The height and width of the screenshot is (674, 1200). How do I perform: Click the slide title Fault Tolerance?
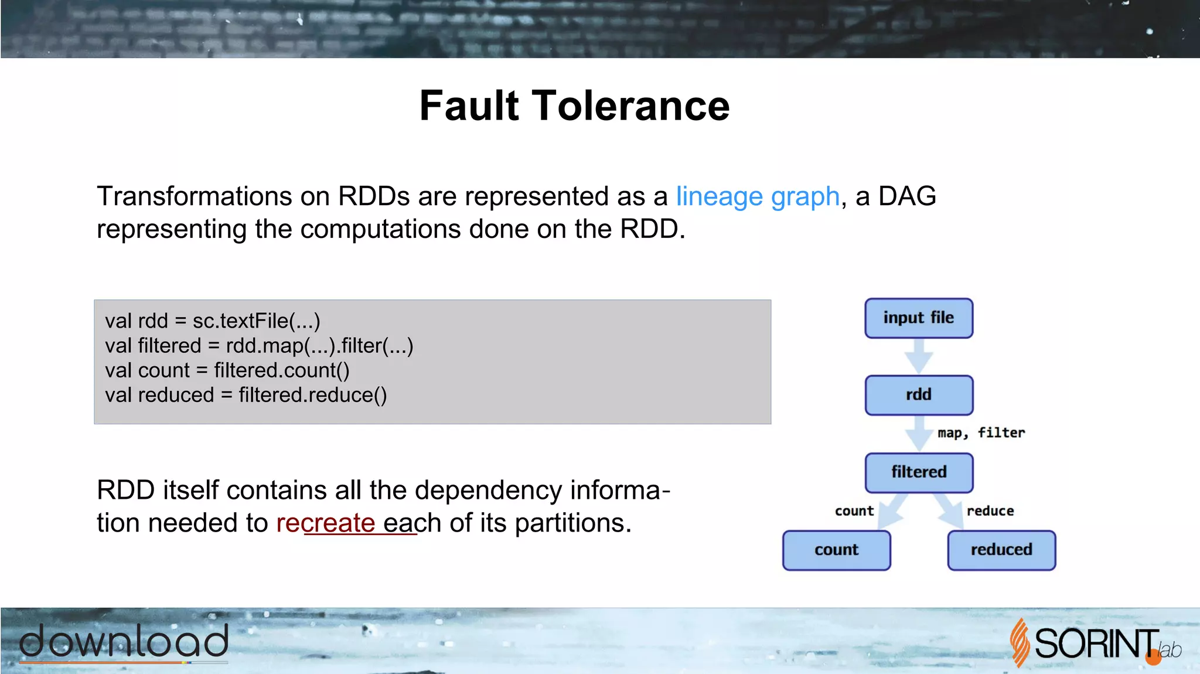click(574, 106)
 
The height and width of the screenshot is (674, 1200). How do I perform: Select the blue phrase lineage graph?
click(758, 196)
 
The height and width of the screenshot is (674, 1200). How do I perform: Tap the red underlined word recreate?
click(325, 523)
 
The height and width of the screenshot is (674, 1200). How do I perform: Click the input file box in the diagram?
click(918, 318)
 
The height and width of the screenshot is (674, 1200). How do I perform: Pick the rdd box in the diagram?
click(918, 395)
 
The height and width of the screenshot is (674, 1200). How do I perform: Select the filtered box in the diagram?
click(918, 472)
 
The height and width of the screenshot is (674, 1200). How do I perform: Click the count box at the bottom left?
click(836, 550)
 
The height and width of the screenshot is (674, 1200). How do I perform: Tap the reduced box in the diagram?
click(1001, 550)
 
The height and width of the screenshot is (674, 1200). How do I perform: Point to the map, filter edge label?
click(981, 433)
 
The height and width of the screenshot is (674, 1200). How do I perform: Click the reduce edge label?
click(990, 511)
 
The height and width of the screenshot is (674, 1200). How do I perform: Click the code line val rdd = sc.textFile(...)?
click(213, 321)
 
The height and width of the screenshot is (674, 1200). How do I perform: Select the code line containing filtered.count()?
click(227, 370)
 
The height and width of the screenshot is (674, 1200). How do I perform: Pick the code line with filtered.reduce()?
click(246, 396)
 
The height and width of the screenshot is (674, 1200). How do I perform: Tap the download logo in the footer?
click(124, 642)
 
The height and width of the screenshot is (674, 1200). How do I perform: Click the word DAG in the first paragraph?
click(907, 196)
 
